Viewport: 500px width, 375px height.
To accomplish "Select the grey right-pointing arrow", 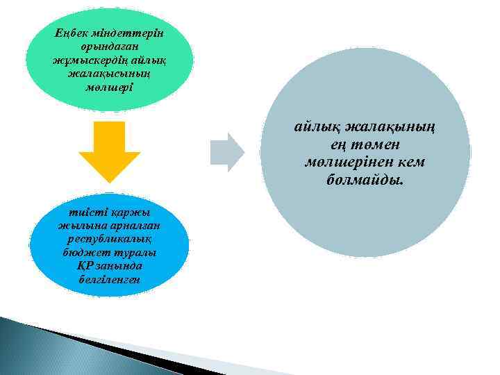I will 228,152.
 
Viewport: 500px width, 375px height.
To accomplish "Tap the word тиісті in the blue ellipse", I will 81,212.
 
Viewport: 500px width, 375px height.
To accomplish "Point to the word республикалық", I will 109,240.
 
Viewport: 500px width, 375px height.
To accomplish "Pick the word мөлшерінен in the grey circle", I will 346,162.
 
